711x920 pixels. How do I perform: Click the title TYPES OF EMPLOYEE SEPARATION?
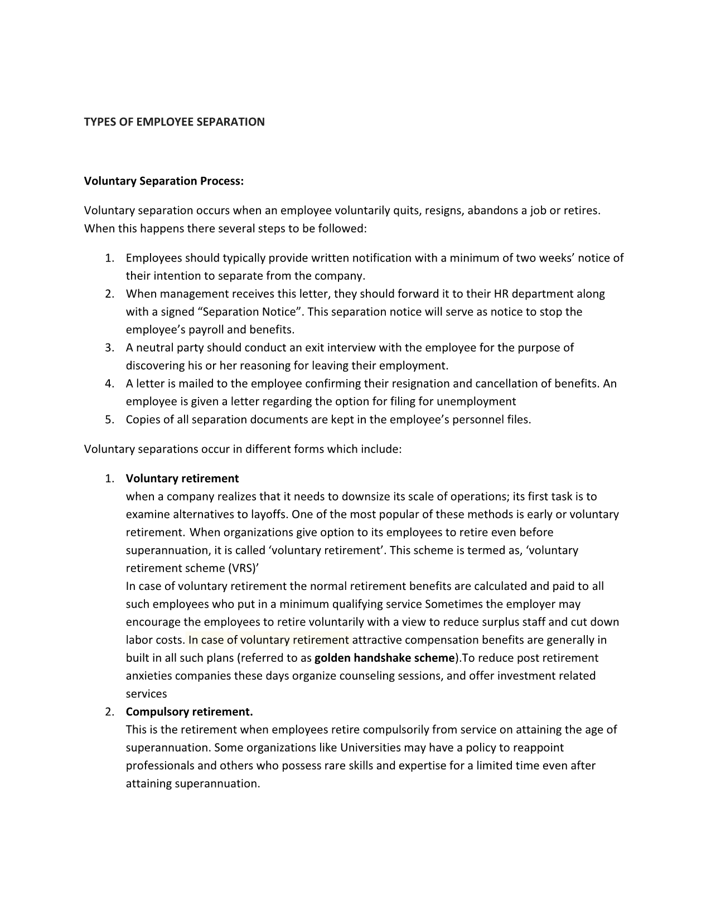click(174, 122)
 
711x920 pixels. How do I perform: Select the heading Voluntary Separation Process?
click(164, 181)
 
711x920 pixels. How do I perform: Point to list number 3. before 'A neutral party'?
click(109, 348)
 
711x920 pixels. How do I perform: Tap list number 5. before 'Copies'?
click(109, 420)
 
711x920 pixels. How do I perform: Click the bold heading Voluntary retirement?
click(182, 478)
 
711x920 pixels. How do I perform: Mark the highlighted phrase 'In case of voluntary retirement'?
click(269, 640)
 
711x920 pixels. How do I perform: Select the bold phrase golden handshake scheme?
click(384, 658)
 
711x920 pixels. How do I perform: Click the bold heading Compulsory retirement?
click(189, 712)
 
